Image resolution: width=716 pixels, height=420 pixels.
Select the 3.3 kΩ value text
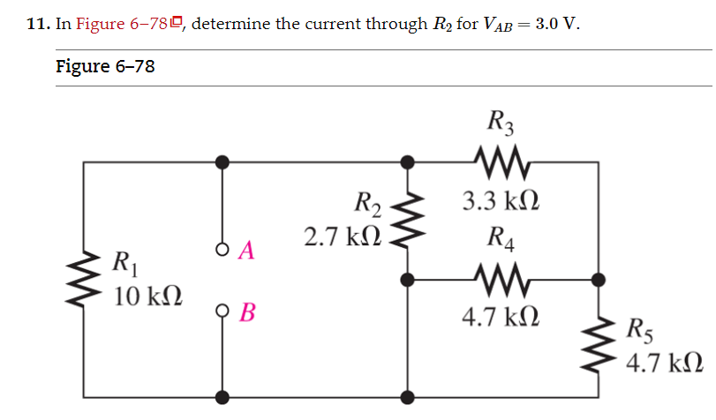pyautogui.click(x=501, y=202)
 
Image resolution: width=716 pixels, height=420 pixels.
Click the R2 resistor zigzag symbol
pyautogui.click(x=407, y=221)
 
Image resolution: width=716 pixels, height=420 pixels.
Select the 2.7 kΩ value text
pyautogui.click(x=343, y=236)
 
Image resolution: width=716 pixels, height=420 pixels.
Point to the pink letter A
pyautogui.click(x=246, y=251)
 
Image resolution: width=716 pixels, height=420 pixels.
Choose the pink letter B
pyautogui.click(x=248, y=312)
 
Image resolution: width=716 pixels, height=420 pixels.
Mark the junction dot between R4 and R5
pyautogui.click(x=599, y=280)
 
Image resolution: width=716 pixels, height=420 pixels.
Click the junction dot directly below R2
pyautogui.click(x=407, y=280)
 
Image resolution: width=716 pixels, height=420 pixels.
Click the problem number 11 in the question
pyautogui.click(x=37, y=24)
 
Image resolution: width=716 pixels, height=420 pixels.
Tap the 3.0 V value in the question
pyautogui.click(x=558, y=23)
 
